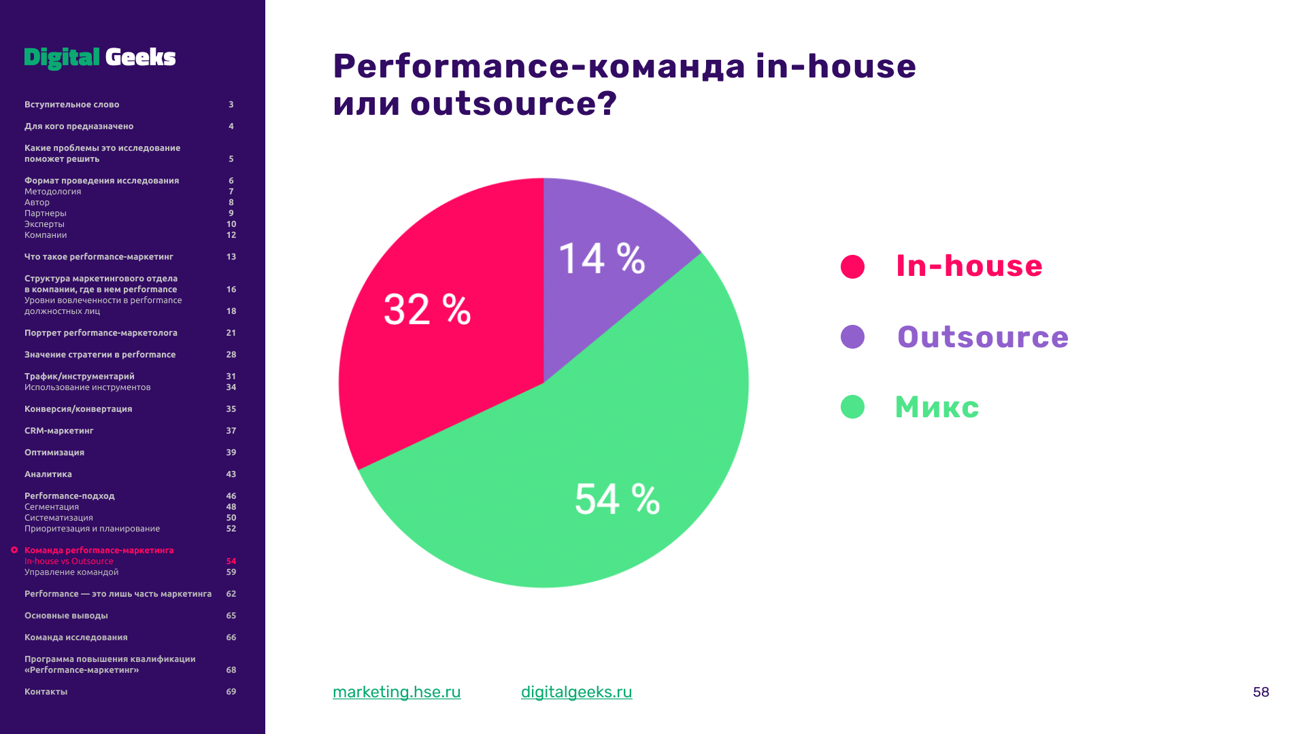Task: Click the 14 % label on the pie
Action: pyautogui.click(x=602, y=258)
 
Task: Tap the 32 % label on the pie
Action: pyautogui.click(x=427, y=309)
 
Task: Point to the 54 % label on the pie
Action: pyautogui.click(x=618, y=499)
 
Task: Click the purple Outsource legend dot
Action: pyautogui.click(x=852, y=336)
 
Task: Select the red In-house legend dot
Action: pyautogui.click(x=852, y=266)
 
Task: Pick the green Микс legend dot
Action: pyautogui.click(x=852, y=407)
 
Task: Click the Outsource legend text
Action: pyautogui.click(x=983, y=337)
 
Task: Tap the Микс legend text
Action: pyautogui.click(x=937, y=408)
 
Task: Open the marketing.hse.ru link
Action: pyautogui.click(x=397, y=692)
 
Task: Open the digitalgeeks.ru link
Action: pyautogui.click(x=577, y=692)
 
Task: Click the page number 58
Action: pyautogui.click(x=1261, y=692)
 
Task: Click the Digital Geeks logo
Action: pyautogui.click(x=100, y=58)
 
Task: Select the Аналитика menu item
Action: pyautogui.click(x=48, y=474)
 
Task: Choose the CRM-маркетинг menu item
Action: pyautogui.click(x=59, y=431)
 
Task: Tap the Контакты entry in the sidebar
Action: pyautogui.click(x=46, y=692)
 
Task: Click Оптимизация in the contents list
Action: pyautogui.click(x=54, y=453)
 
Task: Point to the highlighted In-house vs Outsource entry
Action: pyautogui.click(x=69, y=561)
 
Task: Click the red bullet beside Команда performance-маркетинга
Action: pyautogui.click(x=14, y=550)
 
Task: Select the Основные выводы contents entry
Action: pyautogui.click(x=66, y=616)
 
